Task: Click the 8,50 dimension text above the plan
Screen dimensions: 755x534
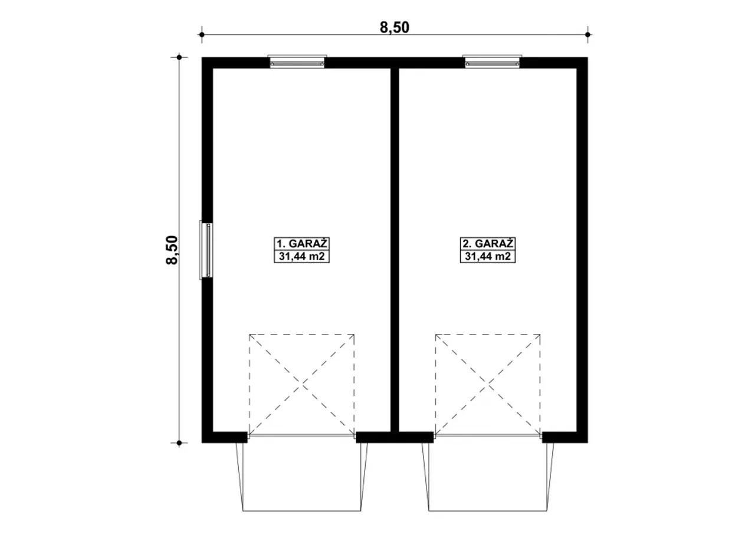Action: pos(395,28)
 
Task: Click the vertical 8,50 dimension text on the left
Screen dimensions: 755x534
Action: pos(172,250)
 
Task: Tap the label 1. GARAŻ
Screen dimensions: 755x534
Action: pos(301,244)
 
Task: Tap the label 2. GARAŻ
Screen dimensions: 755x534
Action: pos(488,244)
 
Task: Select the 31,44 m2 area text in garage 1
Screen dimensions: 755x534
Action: pos(301,257)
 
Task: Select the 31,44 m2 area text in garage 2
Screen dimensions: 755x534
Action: pos(488,257)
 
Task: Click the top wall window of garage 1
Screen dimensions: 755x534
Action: pos(297,62)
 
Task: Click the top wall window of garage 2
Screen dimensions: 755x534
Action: pos(492,62)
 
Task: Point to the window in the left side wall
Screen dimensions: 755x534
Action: pos(206,250)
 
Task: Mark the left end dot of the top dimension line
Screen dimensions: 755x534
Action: pos(202,35)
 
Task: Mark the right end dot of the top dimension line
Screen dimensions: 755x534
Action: pos(588,35)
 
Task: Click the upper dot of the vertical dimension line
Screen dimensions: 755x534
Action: pos(179,57)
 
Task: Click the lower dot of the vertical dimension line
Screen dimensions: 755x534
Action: pos(179,443)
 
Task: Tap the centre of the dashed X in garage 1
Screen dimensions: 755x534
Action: pos(301,384)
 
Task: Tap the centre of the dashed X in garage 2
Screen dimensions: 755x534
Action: pos(488,384)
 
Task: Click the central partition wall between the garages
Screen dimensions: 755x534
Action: pos(395,250)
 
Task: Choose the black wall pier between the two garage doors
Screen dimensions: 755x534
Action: pos(395,437)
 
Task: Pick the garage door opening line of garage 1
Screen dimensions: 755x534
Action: pos(301,436)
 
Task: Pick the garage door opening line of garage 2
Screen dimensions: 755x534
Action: pos(488,436)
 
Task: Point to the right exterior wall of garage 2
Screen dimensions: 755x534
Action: pos(582,250)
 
